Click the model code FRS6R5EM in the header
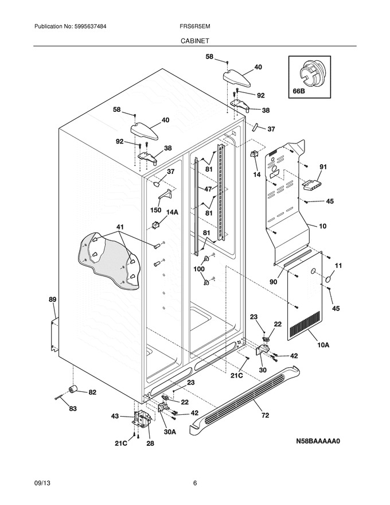pos(195,26)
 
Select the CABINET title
pos(194,41)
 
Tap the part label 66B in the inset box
pos(298,91)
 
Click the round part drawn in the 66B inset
pos(312,73)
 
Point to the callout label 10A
pos(323,345)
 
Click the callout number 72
pos(265,415)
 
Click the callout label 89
pos(52,299)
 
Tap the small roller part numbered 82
pos(73,389)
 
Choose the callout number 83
pos(73,409)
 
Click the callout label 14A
pos(172,212)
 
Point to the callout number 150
pos(156,210)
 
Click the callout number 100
pos(199,269)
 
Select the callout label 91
pos(323,166)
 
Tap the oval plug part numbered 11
pos(328,279)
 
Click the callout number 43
pos(115,416)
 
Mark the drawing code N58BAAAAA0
pos(318,441)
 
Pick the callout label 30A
pos(170,432)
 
